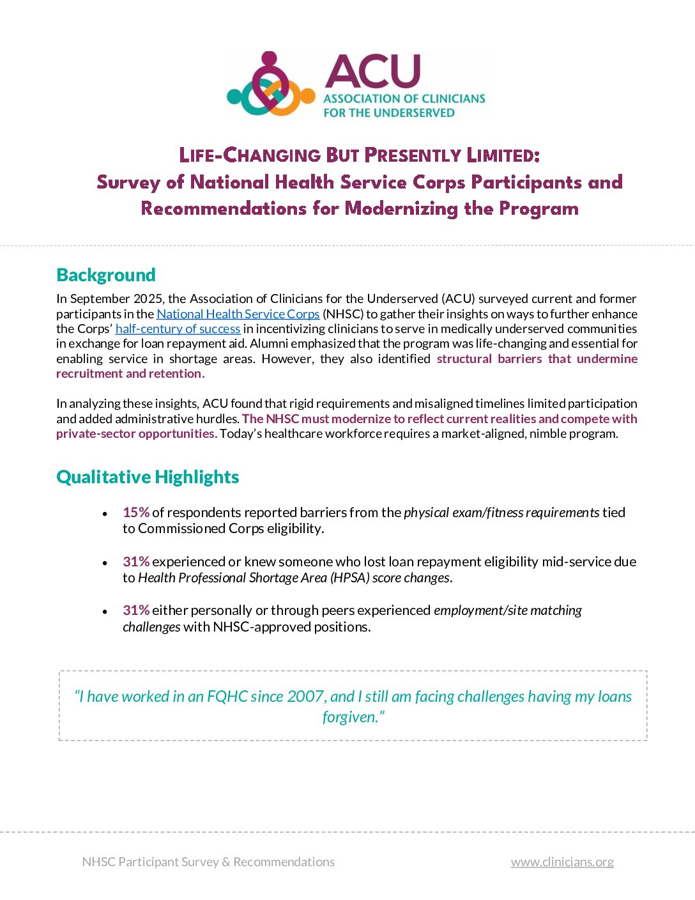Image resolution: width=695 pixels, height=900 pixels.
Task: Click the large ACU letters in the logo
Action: (x=372, y=71)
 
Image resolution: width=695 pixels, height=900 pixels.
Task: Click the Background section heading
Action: (x=106, y=275)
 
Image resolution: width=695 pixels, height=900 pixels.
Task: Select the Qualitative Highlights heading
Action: (x=148, y=477)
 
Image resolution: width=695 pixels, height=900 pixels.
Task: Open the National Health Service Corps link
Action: (x=238, y=314)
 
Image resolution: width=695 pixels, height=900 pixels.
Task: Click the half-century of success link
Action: (x=178, y=329)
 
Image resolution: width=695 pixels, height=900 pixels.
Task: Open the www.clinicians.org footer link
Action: (x=562, y=862)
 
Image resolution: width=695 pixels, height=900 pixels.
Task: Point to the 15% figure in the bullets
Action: (x=136, y=513)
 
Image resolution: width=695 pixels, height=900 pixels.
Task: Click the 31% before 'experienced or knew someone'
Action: (x=136, y=562)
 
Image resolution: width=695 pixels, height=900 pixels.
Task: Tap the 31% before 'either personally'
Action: (x=136, y=610)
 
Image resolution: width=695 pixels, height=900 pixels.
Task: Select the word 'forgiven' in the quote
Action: (x=350, y=717)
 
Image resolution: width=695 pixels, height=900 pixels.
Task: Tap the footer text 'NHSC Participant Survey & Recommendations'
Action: (x=208, y=862)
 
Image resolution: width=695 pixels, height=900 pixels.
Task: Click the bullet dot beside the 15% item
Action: (x=105, y=514)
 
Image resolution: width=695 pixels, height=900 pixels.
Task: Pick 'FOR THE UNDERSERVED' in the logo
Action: (x=389, y=113)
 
